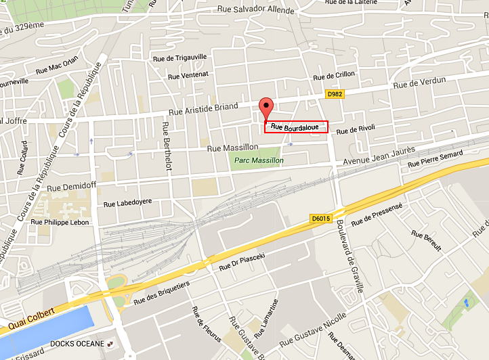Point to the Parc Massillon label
click(x=257, y=160)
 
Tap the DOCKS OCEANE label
click(x=77, y=344)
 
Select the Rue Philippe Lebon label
click(x=60, y=221)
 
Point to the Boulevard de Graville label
click(x=352, y=257)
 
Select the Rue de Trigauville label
click(x=181, y=58)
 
